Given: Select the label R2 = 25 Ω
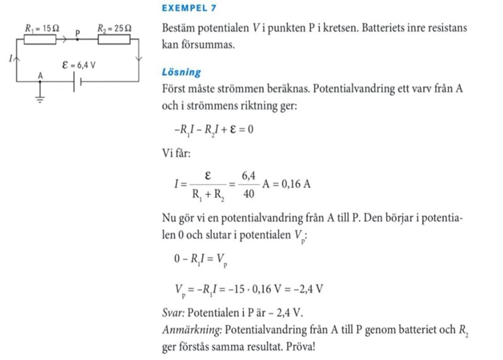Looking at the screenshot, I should tap(115, 29).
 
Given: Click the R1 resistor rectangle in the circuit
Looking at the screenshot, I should tap(39, 40).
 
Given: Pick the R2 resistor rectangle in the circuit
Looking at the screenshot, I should tap(114, 40).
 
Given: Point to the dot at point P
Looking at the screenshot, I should tap(78, 39).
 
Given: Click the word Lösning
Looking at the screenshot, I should tap(181, 72).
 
